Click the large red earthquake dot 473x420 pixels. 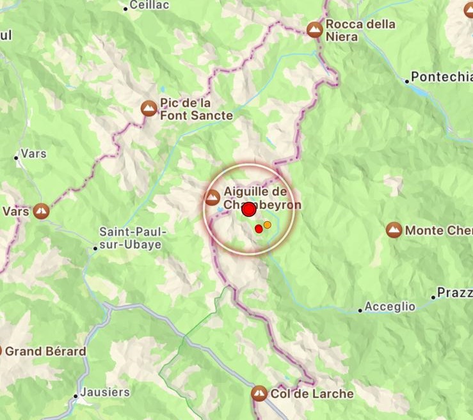[x=249, y=209]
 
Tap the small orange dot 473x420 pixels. [x=268, y=224]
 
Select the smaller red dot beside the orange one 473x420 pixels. [x=259, y=228]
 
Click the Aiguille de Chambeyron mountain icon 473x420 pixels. [x=213, y=196]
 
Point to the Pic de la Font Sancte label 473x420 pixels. [x=188, y=109]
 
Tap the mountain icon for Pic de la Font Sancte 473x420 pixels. [x=148, y=108]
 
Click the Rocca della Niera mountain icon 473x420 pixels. [x=314, y=29]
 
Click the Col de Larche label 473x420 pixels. [x=312, y=394]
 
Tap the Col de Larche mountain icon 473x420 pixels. [x=259, y=393]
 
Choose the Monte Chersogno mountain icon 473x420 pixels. [x=394, y=229]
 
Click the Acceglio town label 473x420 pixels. [x=390, y=307]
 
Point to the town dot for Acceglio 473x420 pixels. [x=360, y=310]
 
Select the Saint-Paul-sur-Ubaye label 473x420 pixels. [x=133, y=238]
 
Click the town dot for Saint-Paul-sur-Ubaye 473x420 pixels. [x=95, y=248]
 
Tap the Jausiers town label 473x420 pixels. [x=105, y=392]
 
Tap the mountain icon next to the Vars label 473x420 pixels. [x=42, y=210]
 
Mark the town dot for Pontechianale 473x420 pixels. [x=406, y=81]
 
